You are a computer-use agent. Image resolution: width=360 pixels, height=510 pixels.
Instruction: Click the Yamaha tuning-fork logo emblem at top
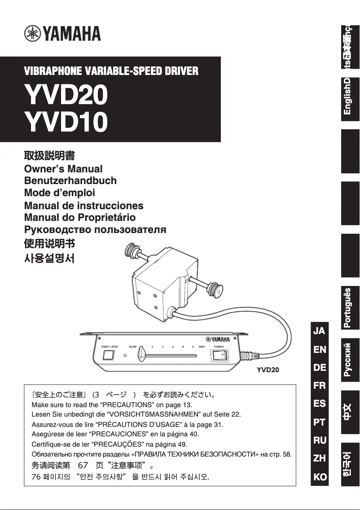coord(32,34)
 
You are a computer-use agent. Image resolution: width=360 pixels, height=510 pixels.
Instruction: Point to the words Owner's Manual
coord(63,169)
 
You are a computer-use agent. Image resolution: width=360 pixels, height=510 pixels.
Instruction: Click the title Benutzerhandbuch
coord(70,181)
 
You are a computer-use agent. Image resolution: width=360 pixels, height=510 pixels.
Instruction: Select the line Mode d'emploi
coord(59,193)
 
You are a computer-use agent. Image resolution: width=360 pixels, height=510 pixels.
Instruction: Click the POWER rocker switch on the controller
coord(219,356)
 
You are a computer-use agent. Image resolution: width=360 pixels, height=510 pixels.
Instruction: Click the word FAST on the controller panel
coord(202,347)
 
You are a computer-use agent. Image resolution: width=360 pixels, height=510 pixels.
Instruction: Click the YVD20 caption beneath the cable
coord(268,370)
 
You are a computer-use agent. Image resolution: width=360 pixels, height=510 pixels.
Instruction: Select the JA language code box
coord(319,331)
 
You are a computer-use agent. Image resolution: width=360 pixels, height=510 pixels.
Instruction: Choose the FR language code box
coord(319,385)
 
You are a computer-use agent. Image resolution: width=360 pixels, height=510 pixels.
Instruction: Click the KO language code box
coord(320,477)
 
